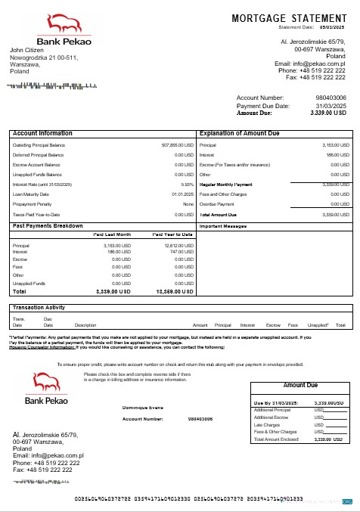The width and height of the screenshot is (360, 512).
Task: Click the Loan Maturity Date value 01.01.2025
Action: point(182,194)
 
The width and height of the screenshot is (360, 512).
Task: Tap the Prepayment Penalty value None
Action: point(189,203)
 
